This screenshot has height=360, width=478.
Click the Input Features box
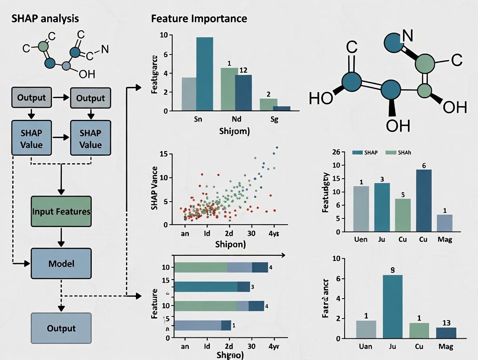pos(61,212)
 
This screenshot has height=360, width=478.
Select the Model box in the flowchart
pos(61,263)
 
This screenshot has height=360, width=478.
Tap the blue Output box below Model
pos(61,328)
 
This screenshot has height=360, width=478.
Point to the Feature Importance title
pos(199,19)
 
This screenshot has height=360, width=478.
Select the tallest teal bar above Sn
pos(204,74)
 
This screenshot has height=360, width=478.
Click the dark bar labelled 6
pos(424,200)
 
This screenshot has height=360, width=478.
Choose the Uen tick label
pos(361,239)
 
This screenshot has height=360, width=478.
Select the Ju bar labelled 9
pos(393,306)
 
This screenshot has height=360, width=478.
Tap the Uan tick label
pos(366,346)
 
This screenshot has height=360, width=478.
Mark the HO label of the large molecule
pos(321,99)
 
